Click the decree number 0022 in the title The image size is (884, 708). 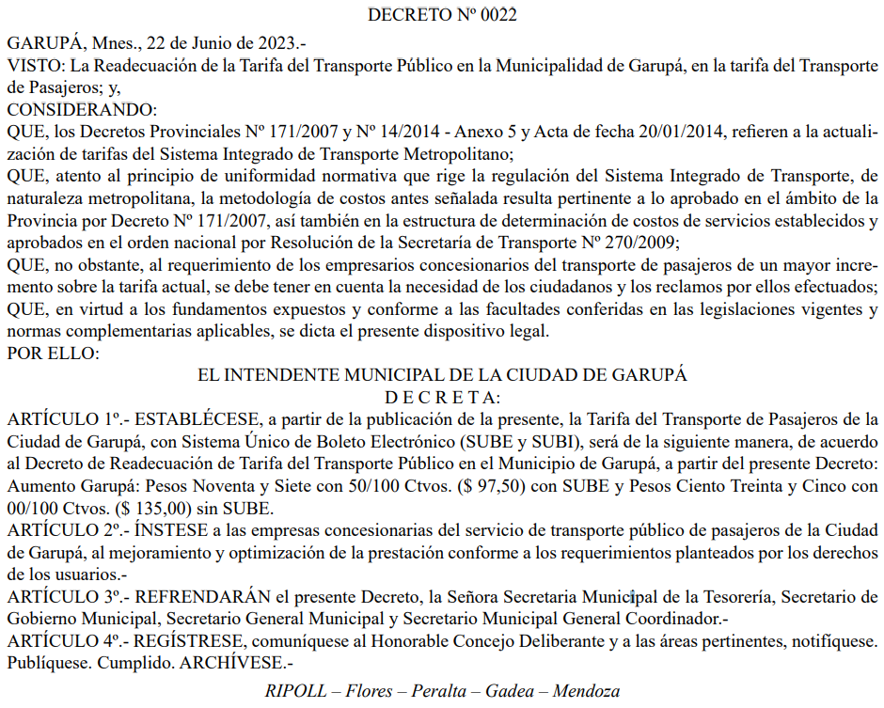click(x=497, y=15)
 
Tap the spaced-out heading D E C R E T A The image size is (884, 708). click(x=441, y=396)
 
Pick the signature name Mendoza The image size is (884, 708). click(x=586, y=692)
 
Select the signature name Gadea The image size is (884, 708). click(x=508, y=692)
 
